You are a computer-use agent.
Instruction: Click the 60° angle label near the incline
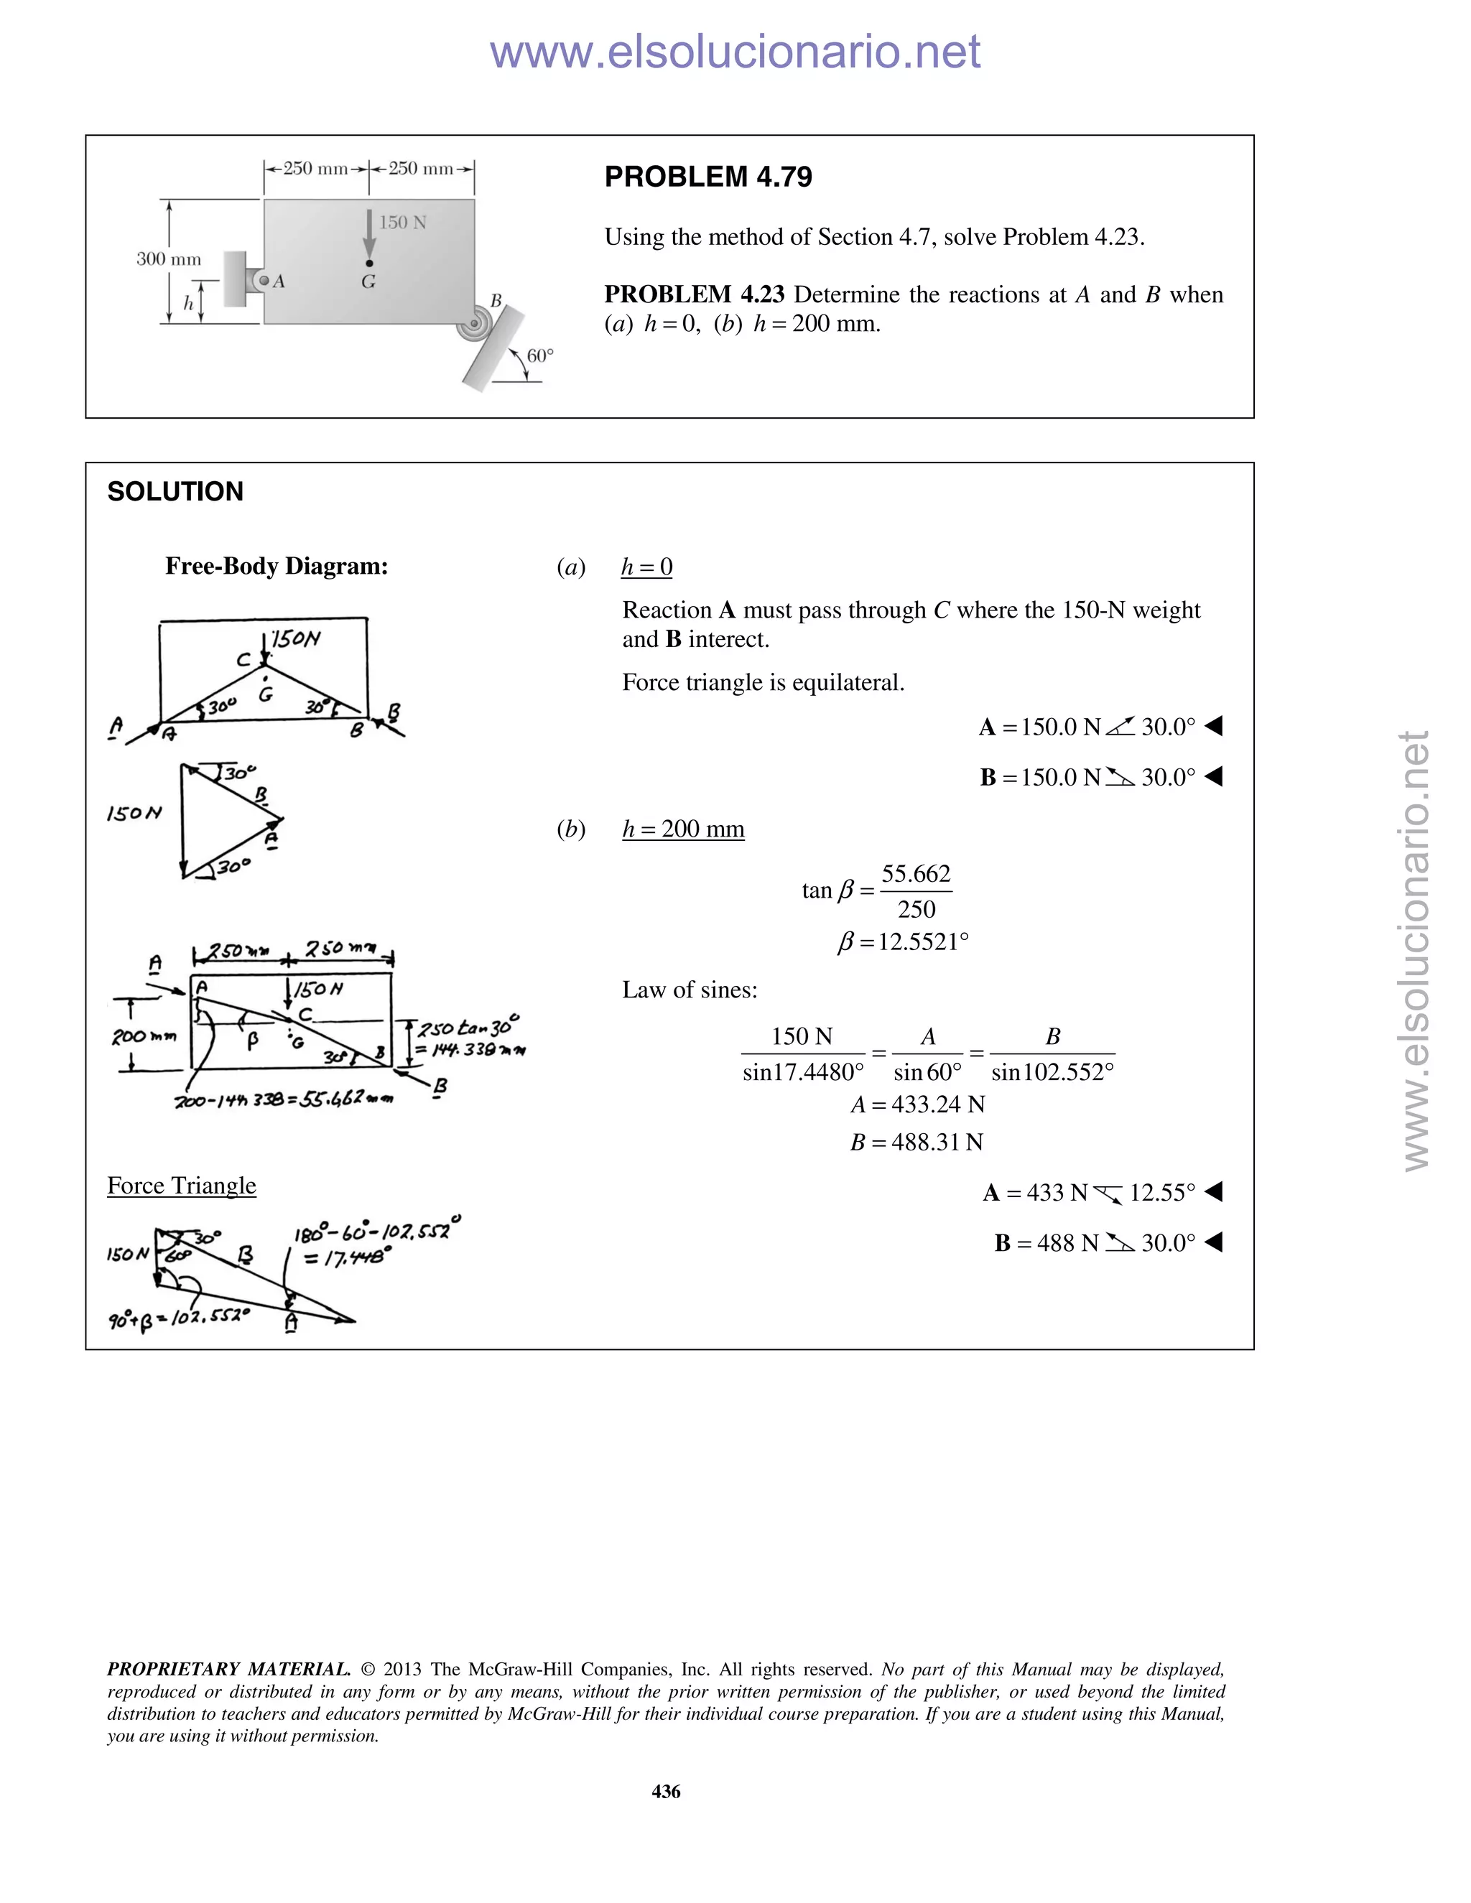540,355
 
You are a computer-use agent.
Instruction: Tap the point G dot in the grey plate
369,263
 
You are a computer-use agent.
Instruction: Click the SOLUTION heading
175,491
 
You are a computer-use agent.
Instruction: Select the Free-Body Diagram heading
277,567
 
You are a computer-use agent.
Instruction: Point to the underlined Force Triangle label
181,1185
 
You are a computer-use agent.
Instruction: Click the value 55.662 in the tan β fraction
916,873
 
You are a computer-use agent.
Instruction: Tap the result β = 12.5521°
903,942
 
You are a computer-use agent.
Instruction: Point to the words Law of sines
690,990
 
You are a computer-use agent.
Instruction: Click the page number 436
666,1792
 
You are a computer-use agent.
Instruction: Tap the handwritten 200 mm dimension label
144,1037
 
